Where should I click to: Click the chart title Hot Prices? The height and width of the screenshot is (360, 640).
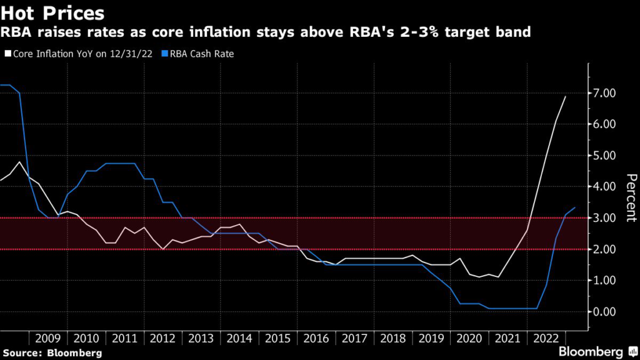tap(52, 12)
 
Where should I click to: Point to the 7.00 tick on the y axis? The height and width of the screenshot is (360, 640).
tap(605, 93)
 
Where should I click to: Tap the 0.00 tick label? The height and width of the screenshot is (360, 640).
tap(605, 312)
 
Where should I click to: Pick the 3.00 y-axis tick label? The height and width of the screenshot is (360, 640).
tap(605, 218)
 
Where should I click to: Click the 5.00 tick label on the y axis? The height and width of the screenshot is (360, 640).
tap(605, 156)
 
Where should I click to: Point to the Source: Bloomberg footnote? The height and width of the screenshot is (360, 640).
tap(51, 353)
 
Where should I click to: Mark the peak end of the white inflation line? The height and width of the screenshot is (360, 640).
tap(566, 96)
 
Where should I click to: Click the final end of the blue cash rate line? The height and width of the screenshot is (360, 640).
tap(575, 207)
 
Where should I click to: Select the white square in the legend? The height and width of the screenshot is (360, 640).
tap(7, 54)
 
